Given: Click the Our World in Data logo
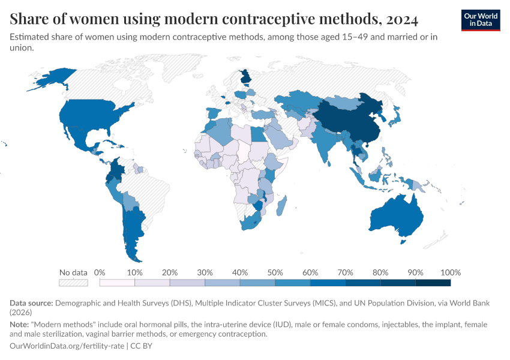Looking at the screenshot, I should coord(481,20).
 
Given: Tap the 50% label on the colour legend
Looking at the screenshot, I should coord(275,272).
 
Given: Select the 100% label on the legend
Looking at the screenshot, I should coord(450,272).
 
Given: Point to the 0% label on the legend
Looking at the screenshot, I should coord(100,272).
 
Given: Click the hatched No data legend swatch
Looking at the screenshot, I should coord(73,283).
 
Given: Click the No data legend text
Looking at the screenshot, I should coord(73,272).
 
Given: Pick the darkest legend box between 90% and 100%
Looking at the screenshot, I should coord(433,283).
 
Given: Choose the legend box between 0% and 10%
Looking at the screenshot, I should coord(117,283).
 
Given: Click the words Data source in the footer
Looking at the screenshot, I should coord(32,304).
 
